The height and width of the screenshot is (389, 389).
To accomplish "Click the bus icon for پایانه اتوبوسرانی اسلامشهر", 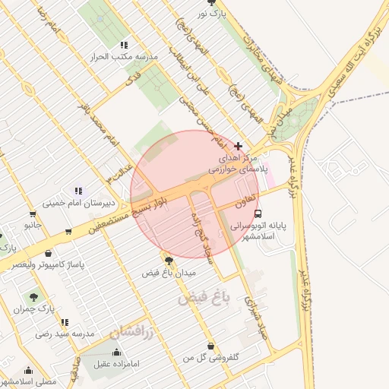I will [258, 213].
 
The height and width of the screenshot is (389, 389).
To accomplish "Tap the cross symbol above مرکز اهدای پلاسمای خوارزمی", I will [239, 145].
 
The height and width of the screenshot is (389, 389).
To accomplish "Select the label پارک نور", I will [213, 14].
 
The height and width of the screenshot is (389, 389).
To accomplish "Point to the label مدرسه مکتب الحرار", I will [124, 57].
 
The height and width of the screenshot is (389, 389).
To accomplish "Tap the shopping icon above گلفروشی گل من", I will [210, 346].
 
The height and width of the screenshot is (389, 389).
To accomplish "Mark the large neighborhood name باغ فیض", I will [203, 299].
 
